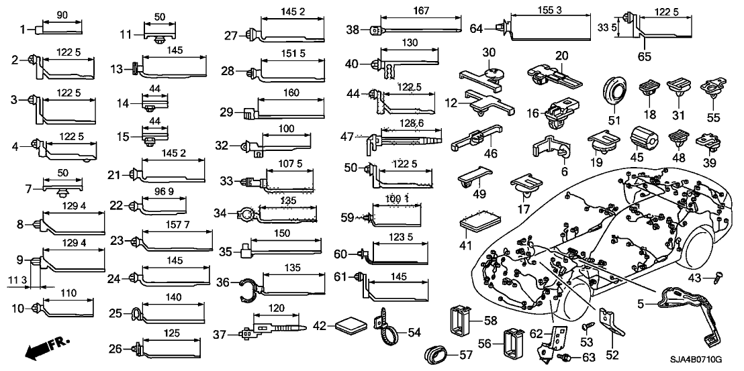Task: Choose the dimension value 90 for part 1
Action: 63,14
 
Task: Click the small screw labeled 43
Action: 715,276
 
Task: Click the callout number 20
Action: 561,55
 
